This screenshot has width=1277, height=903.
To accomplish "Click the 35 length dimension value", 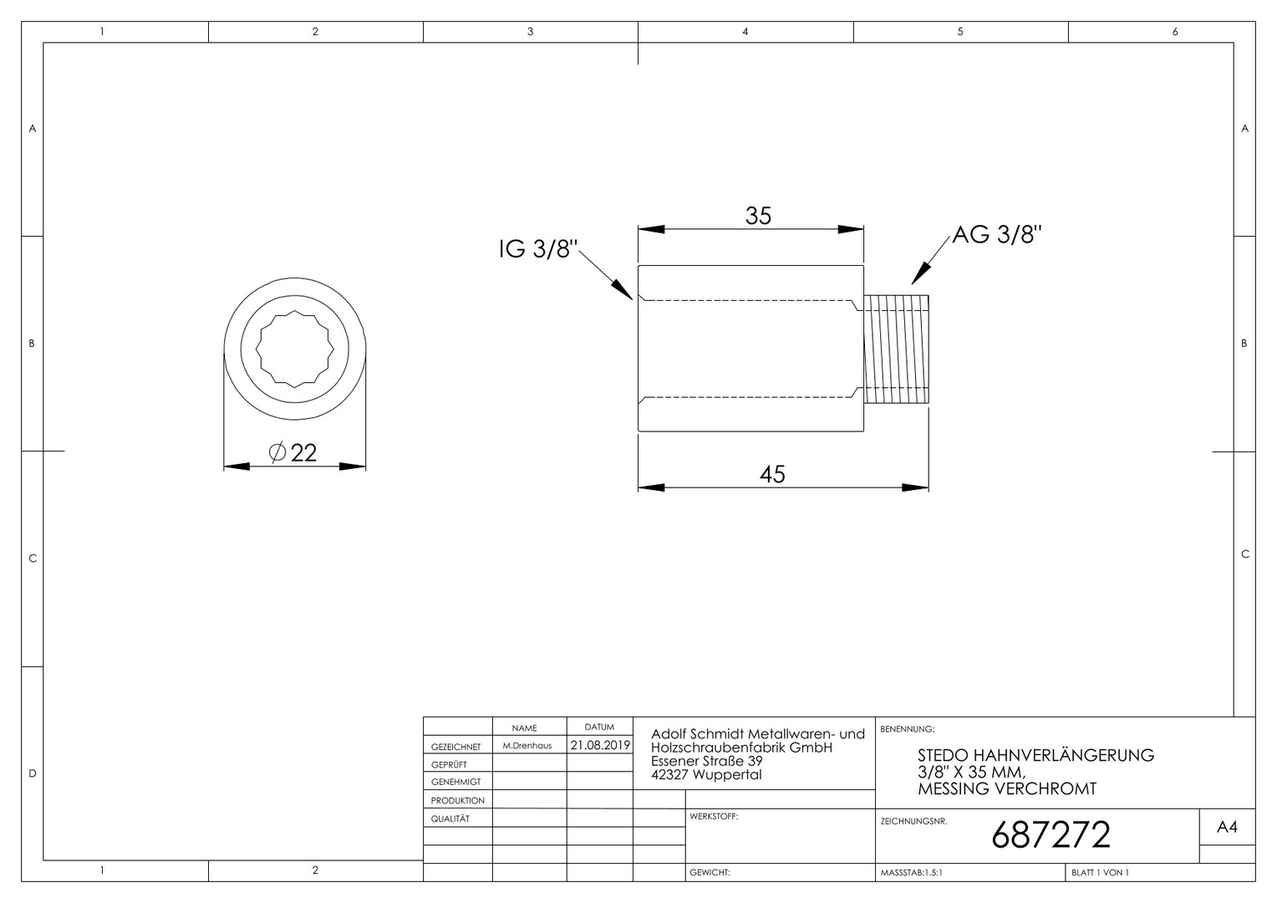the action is click(x=758, y=216).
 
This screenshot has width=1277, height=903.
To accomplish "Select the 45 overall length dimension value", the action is click(x=772, y=474).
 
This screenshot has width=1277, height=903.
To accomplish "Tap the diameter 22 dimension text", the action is click(x=293, y=453).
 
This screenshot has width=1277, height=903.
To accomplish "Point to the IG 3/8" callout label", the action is click(x=538, y=249).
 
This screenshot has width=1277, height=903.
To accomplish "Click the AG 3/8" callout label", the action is click(x=997, y=234).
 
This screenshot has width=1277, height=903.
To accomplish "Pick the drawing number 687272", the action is click(x=1051, y=835).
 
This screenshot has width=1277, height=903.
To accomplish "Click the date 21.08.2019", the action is click(x=600, y=745).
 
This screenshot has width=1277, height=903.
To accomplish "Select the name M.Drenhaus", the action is click(x=527, y=746).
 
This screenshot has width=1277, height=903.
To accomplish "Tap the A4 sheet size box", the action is click(x=1228, y=827).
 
